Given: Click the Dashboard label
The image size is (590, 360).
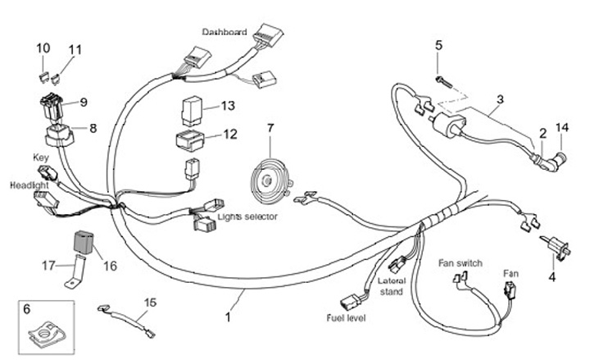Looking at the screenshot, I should click(225, 32).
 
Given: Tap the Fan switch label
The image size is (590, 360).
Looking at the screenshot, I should click(460, 263).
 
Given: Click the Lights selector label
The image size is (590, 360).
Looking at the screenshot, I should click(247, 216).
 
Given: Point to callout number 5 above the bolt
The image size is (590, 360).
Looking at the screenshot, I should click(438, 45).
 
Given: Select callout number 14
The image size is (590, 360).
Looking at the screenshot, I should click(561, 127).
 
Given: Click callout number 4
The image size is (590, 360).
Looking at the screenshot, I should click(551, 276).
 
